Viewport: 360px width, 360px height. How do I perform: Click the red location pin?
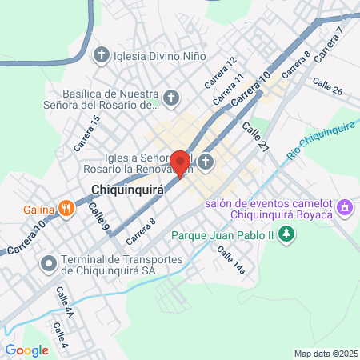tap(181, 162)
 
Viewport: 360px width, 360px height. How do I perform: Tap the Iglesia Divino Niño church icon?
tap(101, 56)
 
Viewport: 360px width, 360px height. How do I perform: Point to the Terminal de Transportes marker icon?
tap(50, 262)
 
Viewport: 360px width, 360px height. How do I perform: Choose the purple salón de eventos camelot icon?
tap(345, 208)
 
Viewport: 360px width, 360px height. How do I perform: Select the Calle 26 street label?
tap(327, 87)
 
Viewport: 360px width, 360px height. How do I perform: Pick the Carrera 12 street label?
tap(220, 73)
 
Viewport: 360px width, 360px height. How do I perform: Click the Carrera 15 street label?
tap(86, 134)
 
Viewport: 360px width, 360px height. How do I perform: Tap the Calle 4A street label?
tap(65, 303)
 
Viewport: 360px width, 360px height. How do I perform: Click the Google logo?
tap(26, 350)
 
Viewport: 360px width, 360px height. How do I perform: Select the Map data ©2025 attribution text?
tap(325, 354)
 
